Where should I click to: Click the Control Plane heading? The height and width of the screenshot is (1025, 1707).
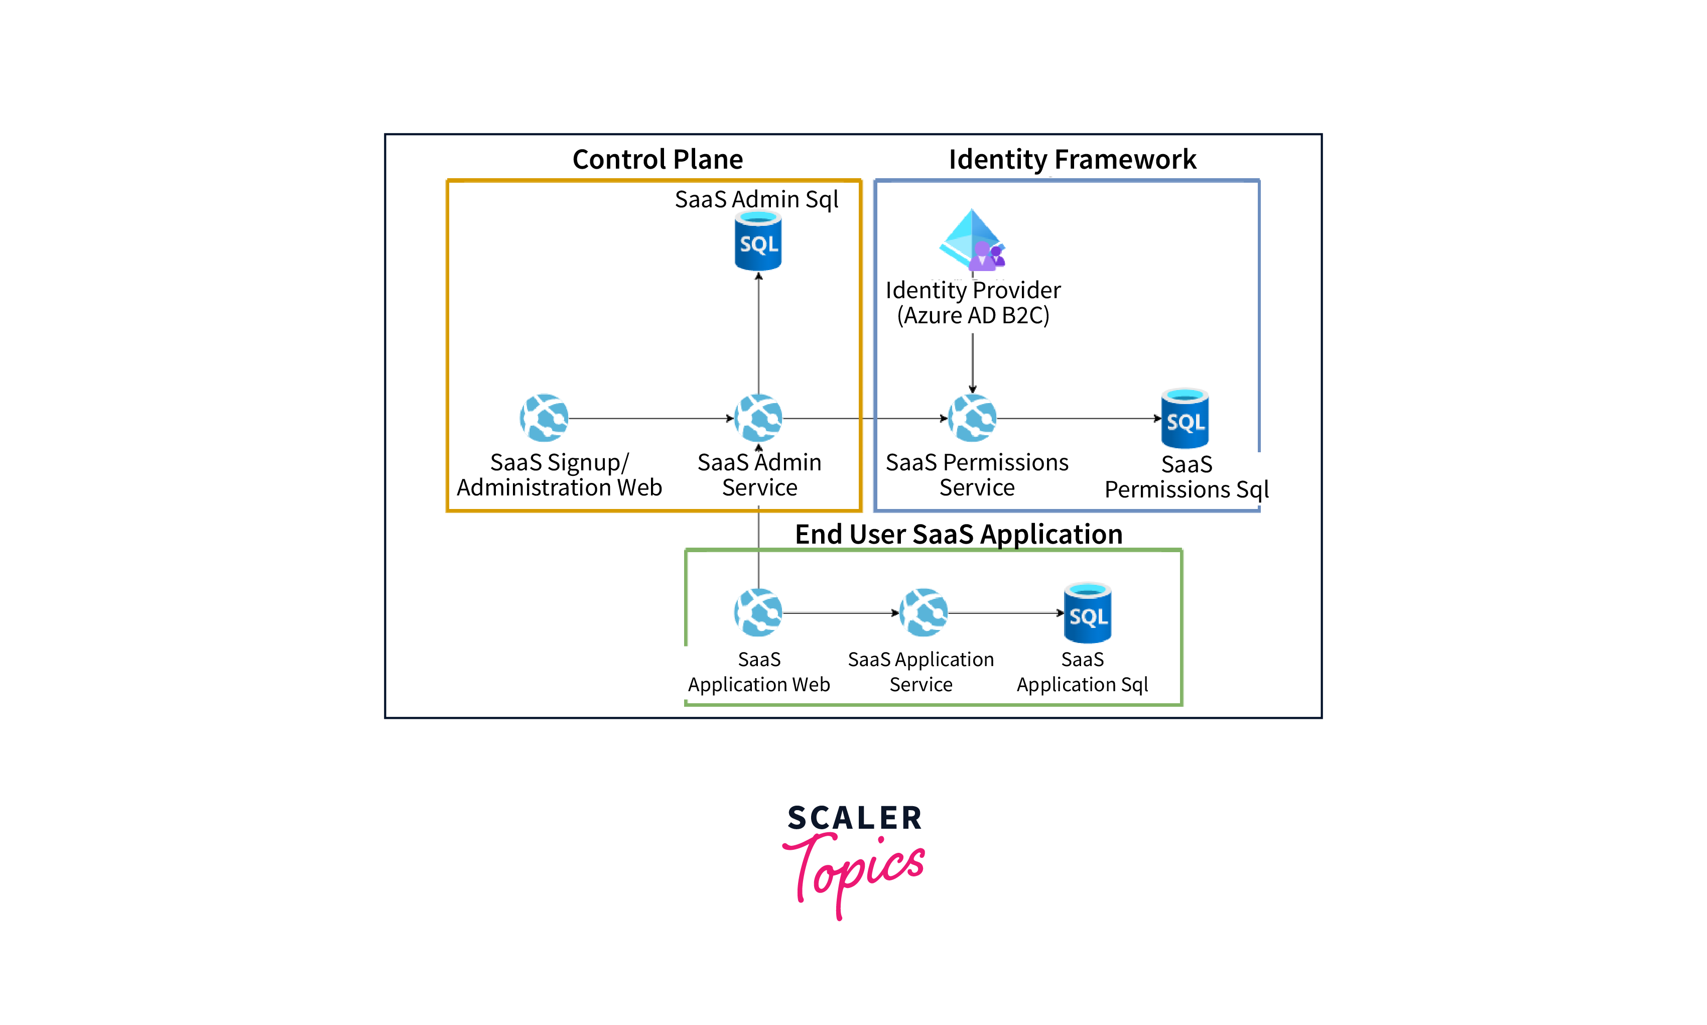click(658, 160)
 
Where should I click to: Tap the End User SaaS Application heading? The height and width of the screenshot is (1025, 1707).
click(959, 534)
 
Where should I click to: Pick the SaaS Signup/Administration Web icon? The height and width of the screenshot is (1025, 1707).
click(544, 418)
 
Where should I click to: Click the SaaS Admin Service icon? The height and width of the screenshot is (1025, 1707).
click(758, 418)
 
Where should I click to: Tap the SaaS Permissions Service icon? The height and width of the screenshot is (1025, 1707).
click(972, 418)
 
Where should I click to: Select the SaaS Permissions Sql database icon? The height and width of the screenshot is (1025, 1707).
click(1185, 419)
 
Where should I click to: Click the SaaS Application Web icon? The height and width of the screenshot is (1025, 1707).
click(758, 613)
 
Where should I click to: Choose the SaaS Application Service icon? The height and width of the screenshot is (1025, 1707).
click(923, 613)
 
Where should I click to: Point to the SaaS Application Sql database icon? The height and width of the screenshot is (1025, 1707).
click(1088, 613)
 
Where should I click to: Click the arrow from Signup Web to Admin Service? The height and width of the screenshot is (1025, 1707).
click(649, 419)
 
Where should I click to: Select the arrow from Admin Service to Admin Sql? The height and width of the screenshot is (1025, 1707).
click(759, 331)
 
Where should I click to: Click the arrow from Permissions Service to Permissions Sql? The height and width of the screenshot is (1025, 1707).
click(1077, 419)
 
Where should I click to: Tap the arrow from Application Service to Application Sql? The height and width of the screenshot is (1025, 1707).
click(1005, 613)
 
